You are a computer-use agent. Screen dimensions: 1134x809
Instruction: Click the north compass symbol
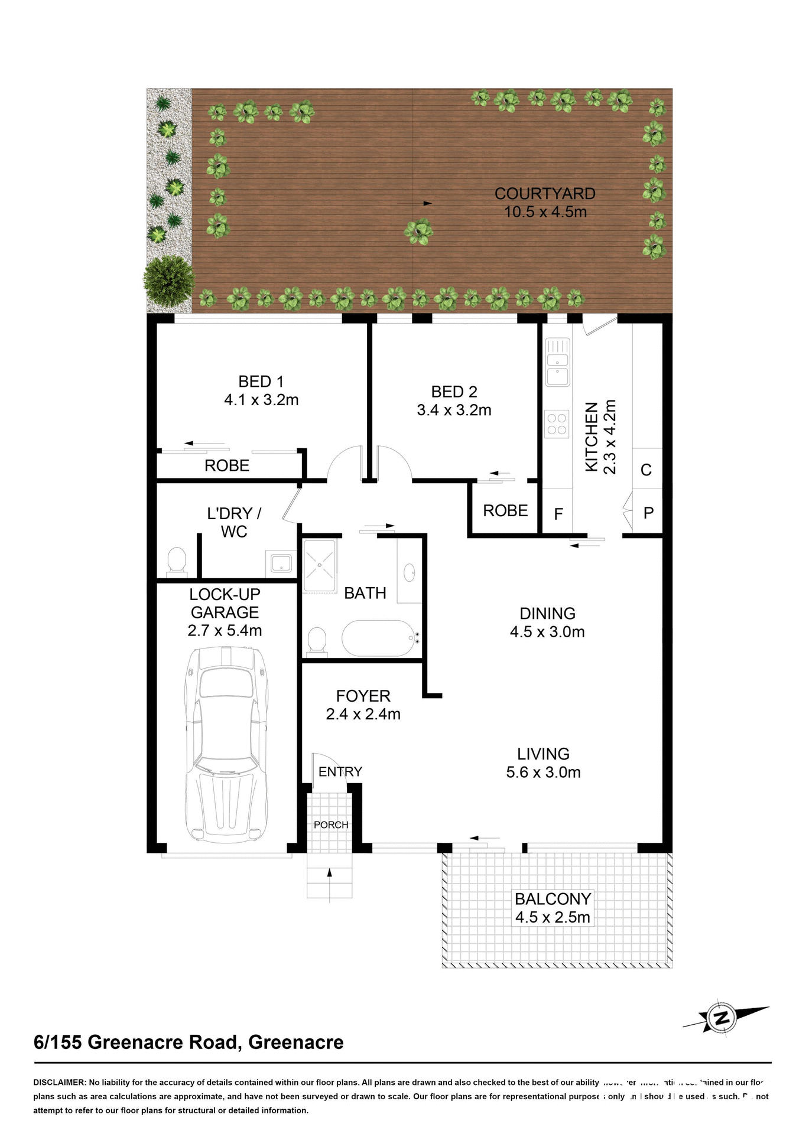click(722, 1018)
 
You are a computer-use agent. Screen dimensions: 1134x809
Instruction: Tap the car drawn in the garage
click(226, 744)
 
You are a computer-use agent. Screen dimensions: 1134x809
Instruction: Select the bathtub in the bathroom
click(379, 638)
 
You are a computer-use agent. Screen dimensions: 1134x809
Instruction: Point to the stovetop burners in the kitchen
click(557, 423)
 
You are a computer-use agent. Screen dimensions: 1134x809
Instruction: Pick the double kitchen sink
click(557, 362)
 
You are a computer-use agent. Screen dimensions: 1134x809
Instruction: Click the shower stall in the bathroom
click(319, 565)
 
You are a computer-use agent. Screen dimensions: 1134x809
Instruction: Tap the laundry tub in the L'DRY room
click(281, 562)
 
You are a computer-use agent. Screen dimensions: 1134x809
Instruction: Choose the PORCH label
click(331, 825)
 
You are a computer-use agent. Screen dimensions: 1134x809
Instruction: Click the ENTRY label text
click(340, 771)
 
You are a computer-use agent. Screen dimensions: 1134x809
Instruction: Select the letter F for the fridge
click(558, 514)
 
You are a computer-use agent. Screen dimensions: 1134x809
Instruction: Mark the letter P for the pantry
click(648, 513)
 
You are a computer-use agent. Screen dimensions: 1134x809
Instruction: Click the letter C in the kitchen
click(646, 470)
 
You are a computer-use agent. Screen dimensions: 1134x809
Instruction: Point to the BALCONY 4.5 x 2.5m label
click(553, 908)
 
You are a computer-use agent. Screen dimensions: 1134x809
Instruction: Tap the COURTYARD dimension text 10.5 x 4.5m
click(545, 212)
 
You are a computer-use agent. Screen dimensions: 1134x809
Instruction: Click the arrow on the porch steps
click(330, 873)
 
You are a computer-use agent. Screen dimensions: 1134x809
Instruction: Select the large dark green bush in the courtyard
click(170, 281)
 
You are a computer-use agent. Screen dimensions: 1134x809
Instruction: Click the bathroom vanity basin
click(409, 572)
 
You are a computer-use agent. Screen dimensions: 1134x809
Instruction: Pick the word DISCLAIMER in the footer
click(59, 1083)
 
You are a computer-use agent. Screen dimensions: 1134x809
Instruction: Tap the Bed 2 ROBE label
click(505, 510)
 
